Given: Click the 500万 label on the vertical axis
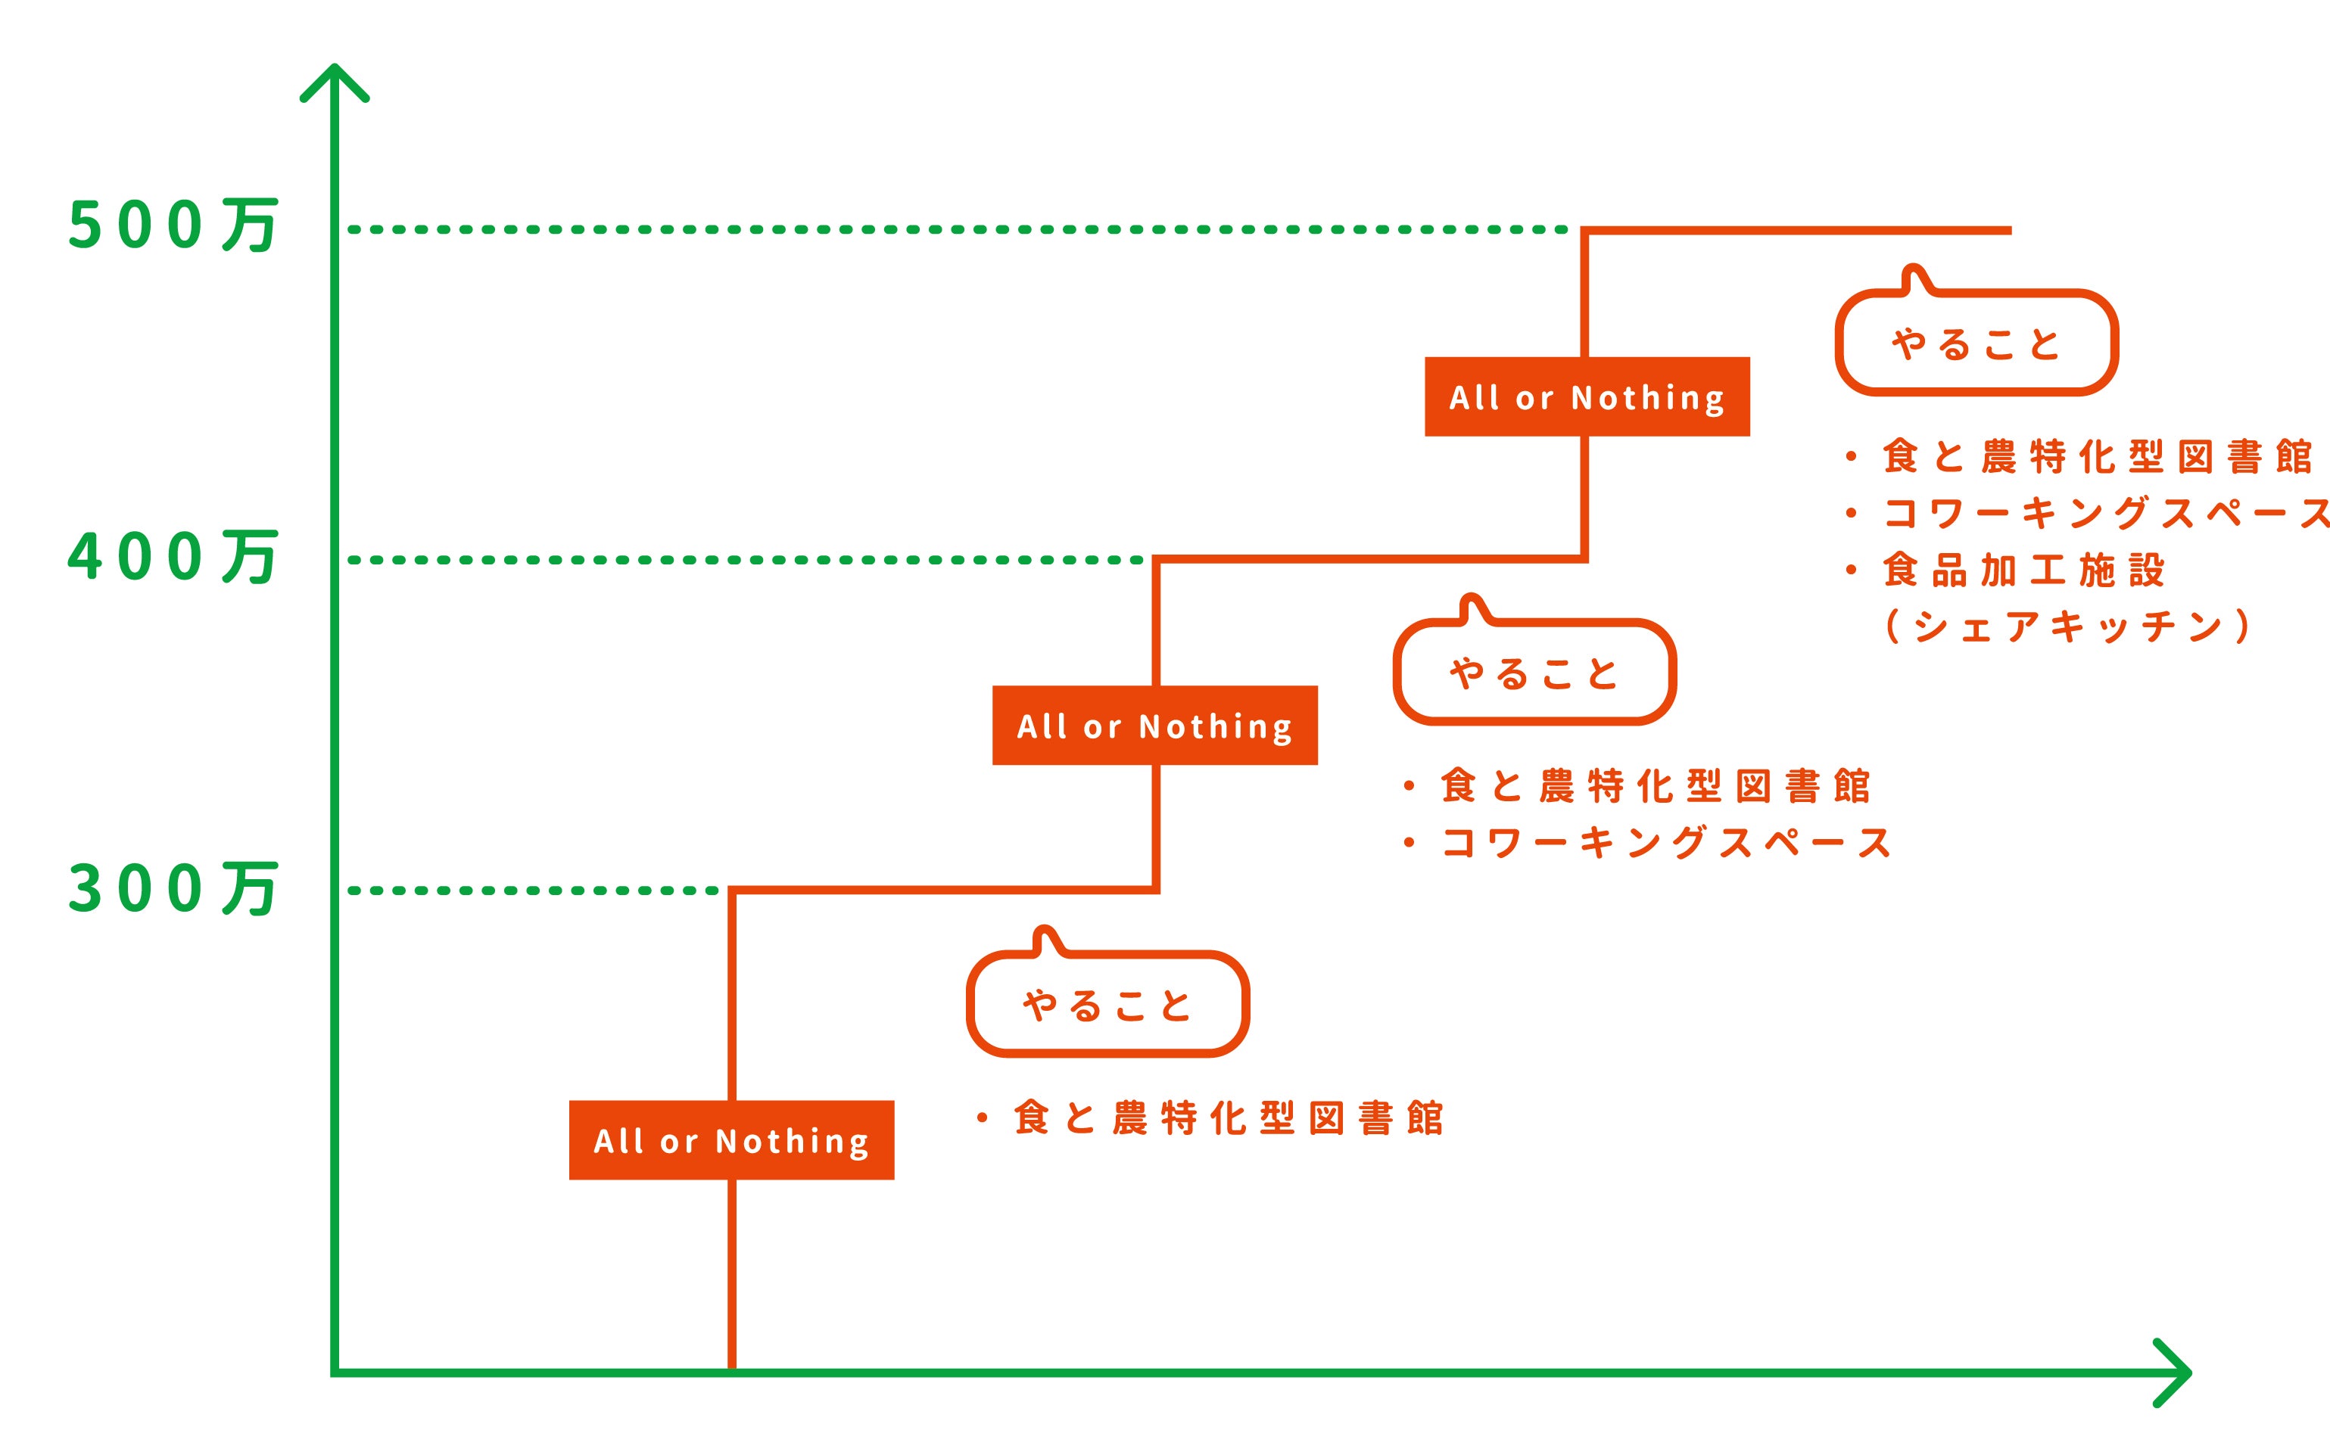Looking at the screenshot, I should [173, 225].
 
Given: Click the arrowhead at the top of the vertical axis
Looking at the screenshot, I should [335, 79].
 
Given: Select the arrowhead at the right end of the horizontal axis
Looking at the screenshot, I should [2176, 1372].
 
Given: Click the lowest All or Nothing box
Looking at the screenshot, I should [730, 1140].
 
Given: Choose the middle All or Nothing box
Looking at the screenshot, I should [1154, 725].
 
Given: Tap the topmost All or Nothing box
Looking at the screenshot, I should [1587, 396].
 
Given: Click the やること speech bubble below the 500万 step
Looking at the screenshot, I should [1976, 342].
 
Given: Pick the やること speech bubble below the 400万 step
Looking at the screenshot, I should [1534, 672].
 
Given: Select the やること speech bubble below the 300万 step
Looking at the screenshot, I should [1107, 1004].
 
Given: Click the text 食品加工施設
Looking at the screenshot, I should [2024, 570].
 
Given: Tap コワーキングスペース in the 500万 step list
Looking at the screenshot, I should [2104, 514].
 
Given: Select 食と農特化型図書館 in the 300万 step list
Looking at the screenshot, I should [1228, 1118].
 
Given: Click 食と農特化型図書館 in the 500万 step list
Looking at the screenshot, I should [2097, 457].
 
